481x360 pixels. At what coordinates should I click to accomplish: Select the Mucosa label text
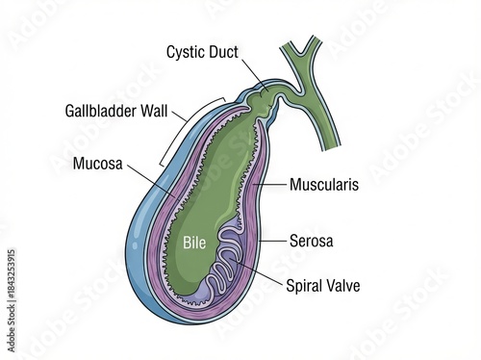coord(97,163)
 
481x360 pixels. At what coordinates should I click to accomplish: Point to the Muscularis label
coord(324,184)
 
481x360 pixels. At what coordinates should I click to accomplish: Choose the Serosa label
coord(311,241)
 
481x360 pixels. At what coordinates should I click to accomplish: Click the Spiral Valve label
coord(323,285)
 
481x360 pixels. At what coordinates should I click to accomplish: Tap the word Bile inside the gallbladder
coord(195,243)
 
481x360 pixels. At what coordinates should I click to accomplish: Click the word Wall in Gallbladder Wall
coord(155,111)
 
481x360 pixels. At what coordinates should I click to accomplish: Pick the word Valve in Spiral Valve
coord(343,285)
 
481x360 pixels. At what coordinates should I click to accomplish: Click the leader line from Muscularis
coord(273,183)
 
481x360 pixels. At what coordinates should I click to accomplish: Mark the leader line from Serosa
coord(272,240)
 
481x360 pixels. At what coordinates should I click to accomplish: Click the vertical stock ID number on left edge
coord(12,277)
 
